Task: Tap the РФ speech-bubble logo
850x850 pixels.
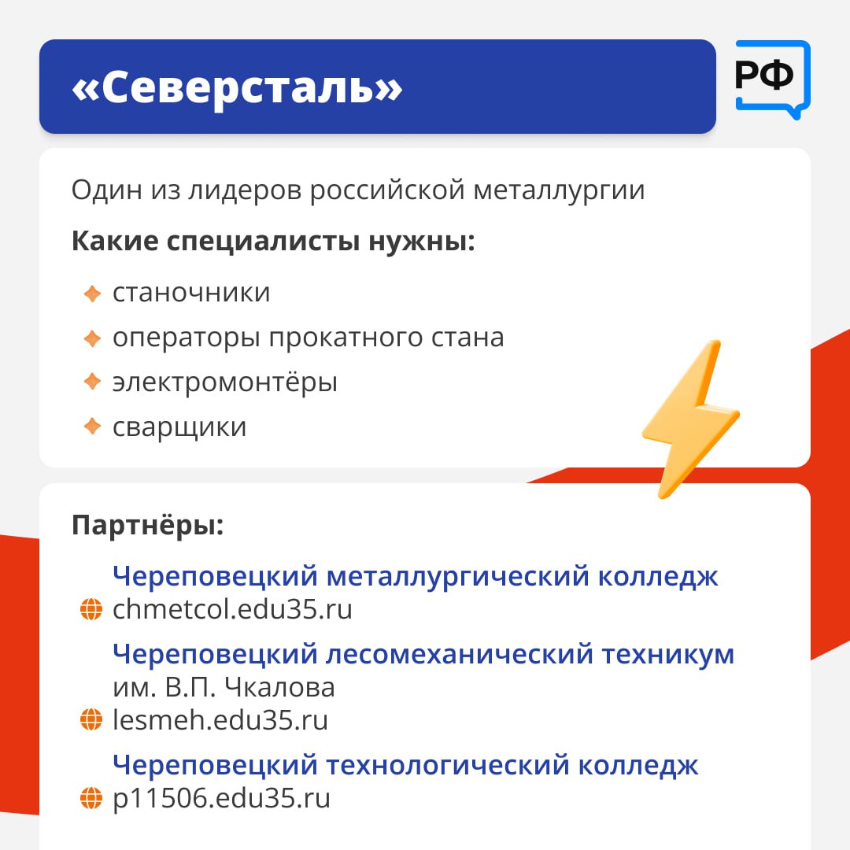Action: coord(772,79)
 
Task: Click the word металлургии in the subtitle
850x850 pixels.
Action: coord(559,190)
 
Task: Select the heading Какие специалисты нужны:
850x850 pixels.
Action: coord(273,241)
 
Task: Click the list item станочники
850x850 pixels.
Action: coord(191,294)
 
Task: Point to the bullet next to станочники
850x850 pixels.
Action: coord(92,294)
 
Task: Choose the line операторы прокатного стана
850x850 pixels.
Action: coord(308,338)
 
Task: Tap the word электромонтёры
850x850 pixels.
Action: coord(225,382)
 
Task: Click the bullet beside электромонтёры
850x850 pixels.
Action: coord(92,382)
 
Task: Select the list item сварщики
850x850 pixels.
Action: coord(179,427)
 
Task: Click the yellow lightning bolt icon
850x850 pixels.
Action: coord(690,419)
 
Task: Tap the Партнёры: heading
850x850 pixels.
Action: coord(147,525)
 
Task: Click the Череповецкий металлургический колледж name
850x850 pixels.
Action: coord(416,576)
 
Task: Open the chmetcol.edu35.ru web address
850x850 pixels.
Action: coord(232,609)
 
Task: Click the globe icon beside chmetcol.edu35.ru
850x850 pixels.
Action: coord(91,609)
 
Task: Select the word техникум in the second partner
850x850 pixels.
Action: coord(668,654)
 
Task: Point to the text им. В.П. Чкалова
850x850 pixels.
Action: coord(224,687)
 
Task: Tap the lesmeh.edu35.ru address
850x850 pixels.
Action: coord(220,720)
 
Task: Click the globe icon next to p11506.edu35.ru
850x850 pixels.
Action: coord(91,798)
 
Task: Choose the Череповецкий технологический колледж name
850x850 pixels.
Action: coord(405,766)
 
